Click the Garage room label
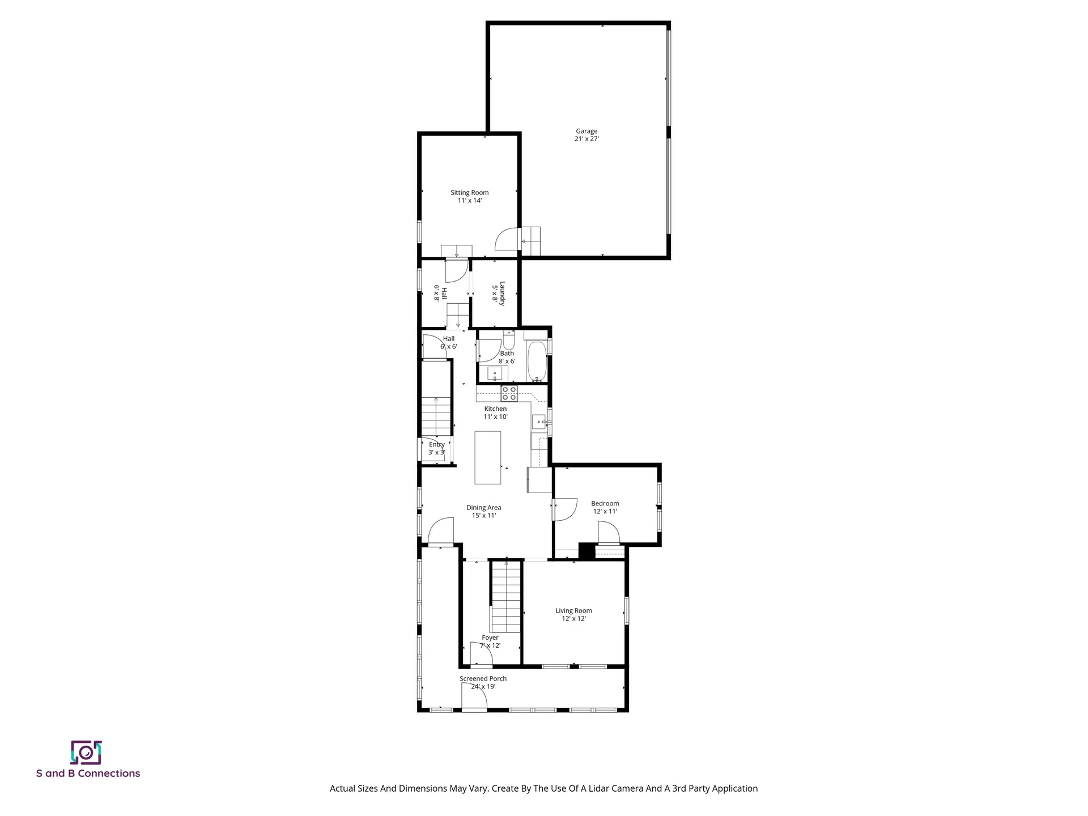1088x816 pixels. coord(586,135)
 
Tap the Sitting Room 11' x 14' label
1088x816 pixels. coord(469,197)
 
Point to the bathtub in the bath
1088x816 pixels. coord(537,361)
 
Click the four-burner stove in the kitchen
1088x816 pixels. coord(508,393)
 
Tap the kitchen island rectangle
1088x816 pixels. coord(487,457)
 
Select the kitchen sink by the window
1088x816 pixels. coord(538,422)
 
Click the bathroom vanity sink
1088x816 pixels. coord(494,374)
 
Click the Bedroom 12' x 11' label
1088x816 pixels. coord(605,507)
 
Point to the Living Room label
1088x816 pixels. coord(573,614)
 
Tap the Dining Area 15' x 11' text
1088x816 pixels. coord(483,512)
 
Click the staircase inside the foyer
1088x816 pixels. coord(505,598)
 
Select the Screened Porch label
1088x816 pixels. coord(483,682)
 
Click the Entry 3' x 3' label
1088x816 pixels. coord(436,448)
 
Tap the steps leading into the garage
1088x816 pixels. coord(530,241)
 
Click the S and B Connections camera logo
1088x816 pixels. coord(86,753)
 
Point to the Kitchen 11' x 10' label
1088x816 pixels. coord(495,413)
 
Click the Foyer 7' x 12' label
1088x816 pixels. coord(490,641)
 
